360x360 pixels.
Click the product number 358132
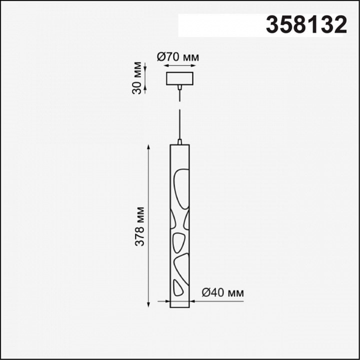tap(306, 25)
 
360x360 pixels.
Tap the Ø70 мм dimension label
tap(177, 57)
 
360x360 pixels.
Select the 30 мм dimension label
tap(137, 78)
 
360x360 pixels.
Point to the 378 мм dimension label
tap(139, 226)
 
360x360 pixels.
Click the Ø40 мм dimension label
tap(222, 292)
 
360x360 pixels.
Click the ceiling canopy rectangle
tap(180, 78)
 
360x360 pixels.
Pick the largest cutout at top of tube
tap(181, 189)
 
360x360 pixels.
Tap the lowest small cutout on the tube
tap(178, 287)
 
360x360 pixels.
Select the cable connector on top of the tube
tap(180, 141)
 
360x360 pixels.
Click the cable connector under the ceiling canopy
tap(180, 87)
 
